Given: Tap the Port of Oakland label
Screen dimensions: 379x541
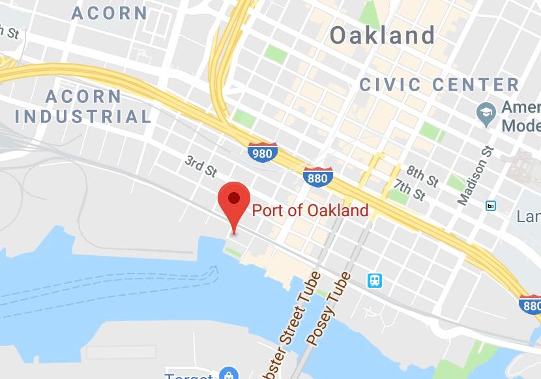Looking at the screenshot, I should tap(310, 210).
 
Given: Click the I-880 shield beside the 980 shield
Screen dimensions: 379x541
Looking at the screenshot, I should tap(318, 176).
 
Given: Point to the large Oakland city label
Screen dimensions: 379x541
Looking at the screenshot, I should tap(382, 35).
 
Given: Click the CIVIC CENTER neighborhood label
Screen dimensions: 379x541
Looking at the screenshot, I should tap(439, 85).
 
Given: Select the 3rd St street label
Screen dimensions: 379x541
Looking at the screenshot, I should tap(200, 166).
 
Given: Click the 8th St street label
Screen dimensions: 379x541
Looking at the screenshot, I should tap(422, 175).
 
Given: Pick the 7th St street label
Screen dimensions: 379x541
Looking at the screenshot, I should tap(410, 191).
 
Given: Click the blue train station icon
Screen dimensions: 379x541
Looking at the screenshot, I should tap(375, 281).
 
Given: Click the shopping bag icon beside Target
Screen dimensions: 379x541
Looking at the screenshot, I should tap(229, 374).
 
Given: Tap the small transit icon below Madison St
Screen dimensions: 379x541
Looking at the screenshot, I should tap(491, 206).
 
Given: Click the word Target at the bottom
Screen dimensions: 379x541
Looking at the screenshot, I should tap(188, 375).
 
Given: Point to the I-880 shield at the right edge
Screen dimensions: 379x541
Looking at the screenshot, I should tap(531, 304).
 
